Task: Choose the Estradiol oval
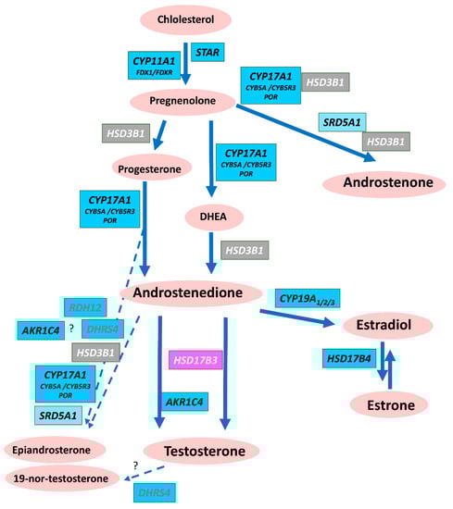386,327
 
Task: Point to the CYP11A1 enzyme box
154,65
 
